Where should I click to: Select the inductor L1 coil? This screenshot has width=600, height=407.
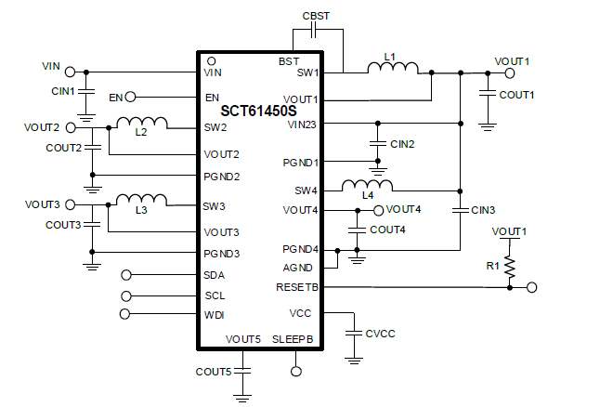coord(394,68)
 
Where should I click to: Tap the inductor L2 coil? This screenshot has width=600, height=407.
coord(142,123)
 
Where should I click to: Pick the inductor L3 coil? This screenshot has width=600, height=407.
coord(141,200)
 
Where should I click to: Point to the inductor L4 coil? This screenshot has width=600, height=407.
coord(368,185)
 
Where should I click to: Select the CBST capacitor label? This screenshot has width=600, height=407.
coord(317,16)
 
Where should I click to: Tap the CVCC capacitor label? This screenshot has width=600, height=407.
coord(382,333)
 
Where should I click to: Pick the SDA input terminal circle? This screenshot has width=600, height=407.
coord(127,275)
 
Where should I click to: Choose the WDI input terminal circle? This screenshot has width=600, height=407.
coord(127,316)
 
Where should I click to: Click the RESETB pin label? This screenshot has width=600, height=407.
coord(297,288)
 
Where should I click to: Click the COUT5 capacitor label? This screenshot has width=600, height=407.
coord(213,372)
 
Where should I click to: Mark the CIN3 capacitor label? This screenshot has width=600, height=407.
coord(484,210)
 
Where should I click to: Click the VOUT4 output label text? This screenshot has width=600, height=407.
coord(404,209)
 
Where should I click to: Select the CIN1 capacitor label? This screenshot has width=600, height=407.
coord(62,91)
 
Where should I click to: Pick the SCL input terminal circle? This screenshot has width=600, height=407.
coord(127,295)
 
